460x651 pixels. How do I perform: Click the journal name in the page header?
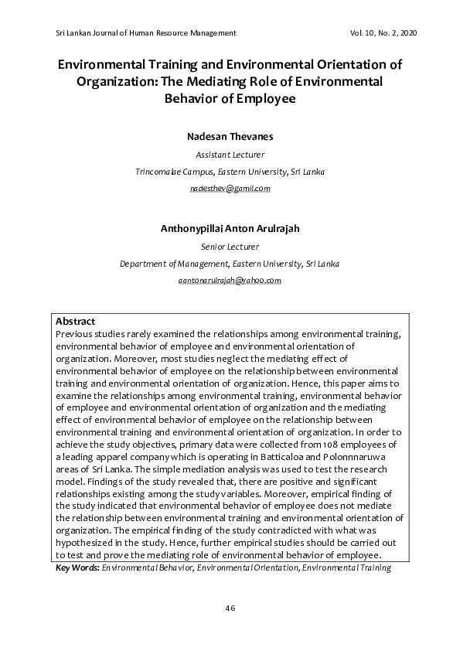pyautogui.click(x=146, y=32)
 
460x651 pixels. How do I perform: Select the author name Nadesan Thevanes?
pyautogui.click(x=230, y=136)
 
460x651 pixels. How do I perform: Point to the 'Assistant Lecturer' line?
pyautogui.click(x=230, y=155)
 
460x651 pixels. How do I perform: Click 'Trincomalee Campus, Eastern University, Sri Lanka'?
pyautogui.click(x=230, y=171)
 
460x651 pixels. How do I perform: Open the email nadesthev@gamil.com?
pyautogui.click(x=230, y=188)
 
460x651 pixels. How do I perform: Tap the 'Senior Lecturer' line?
pyautogui.click(x=230, y=247)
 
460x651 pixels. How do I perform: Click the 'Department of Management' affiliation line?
pyautogui.click(x=230, y=264)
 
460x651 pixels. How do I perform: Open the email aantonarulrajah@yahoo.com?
pyautogui.click(x=230, y=281)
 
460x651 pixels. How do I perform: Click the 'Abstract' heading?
pyautogui.click(x=75, y=321)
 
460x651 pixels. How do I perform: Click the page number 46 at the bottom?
pyautogui.click(x=230, y=608)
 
